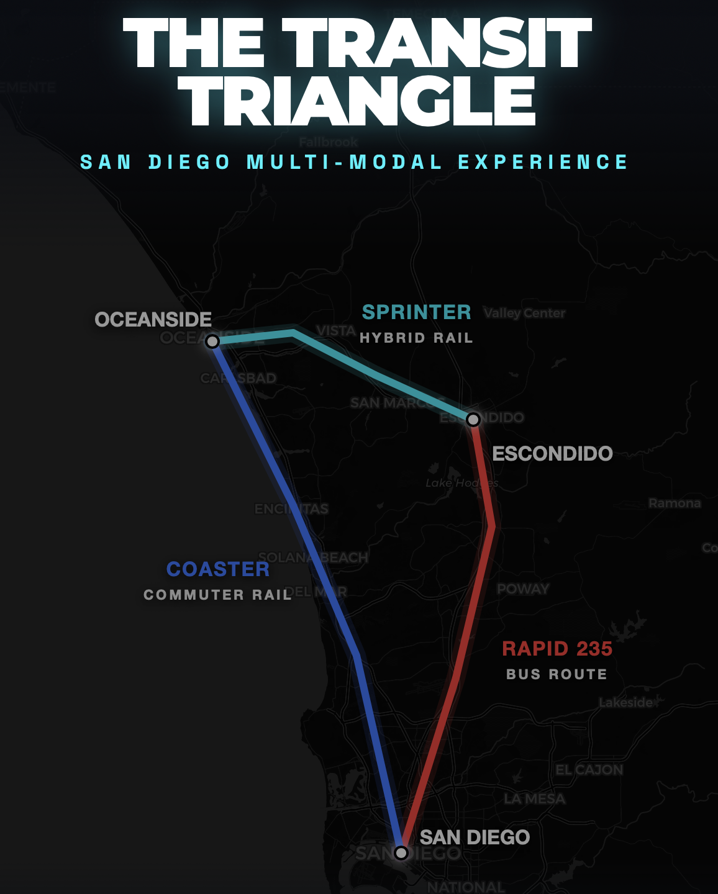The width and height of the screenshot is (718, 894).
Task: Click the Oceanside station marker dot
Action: tap(212, 341)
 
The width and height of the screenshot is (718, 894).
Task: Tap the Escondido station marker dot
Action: tap(473, 420)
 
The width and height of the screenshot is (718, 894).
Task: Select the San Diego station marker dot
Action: tap(401, 852)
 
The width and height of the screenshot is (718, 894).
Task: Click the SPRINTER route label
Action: tap(416, 312)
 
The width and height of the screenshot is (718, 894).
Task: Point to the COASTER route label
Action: tap(218, 569)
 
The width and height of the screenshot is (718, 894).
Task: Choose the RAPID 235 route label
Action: tap(557, 649)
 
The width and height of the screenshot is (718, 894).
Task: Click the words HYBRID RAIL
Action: tap(416, 338)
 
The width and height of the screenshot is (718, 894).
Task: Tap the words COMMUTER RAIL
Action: tap(217, 595)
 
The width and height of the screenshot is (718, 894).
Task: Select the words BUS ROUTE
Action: tap(557, 674)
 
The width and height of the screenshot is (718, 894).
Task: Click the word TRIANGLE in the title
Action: tap(361, 101)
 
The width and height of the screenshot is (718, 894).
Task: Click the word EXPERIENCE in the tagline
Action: tap(543, 163)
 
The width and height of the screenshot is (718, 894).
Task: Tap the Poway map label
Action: tap(523, 589)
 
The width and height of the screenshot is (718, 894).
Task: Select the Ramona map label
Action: tap(675, 503)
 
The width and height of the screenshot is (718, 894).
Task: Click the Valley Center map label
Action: tap(524, 314)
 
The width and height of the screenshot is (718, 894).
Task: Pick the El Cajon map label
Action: tap(589, 770)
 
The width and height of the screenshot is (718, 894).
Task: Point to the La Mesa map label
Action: tap(535, 799)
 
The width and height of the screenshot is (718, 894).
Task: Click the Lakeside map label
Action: tap(626, 703)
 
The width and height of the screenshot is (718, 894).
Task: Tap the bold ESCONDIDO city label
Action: tap(552, 454)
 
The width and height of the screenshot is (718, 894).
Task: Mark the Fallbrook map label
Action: tap(329, 142)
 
